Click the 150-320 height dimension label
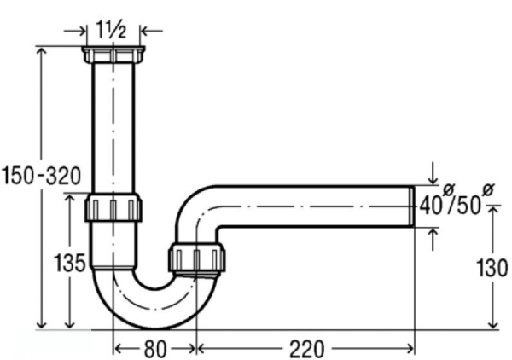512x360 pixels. tap(41, 176)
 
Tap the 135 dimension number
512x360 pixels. tap(70, 263)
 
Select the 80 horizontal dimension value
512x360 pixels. tap(155, 349)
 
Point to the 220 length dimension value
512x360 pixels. tap(306, 349)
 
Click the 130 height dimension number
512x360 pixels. tap(492, 268)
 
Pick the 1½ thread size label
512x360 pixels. tap(111, 30)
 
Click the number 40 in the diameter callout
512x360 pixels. tap(431, 206)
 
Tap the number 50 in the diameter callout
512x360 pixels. tap(469, 206)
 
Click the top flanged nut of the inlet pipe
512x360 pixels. tap(113, 55)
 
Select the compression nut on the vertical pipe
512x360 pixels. tap(113, 207)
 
